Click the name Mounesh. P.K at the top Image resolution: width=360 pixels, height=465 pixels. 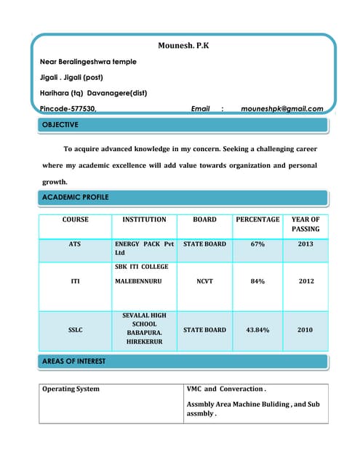coord(183,46)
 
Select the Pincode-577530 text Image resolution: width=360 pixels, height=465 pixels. coord(68,108)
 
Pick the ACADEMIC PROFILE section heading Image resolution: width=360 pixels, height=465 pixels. coord(75,197)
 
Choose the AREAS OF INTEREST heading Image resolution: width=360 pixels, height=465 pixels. coord(73,360)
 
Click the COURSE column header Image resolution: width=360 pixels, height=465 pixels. coord(75,219)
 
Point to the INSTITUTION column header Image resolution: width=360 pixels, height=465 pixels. coord(144,219)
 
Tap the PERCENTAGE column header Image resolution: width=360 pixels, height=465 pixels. coord(257,219)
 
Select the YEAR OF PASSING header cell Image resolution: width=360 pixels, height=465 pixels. coord(305,224)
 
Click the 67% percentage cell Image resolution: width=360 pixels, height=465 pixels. coord(257,245)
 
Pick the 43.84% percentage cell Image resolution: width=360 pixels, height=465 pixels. coord(257,330)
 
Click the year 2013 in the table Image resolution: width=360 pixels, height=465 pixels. coord(305,245)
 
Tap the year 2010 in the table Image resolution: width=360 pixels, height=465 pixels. coord(305,330)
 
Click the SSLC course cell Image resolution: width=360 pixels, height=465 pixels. coord(75,330)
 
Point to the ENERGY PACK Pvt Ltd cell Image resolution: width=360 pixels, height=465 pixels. coord(144,249)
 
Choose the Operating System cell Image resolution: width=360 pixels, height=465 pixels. coord(71,389)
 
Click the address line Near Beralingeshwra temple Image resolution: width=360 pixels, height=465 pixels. coord(88,62)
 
